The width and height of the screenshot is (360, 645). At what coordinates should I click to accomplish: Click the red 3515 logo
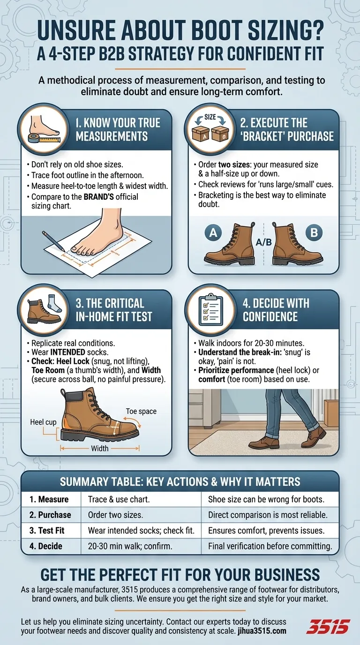pyautogui.click(x=328, y=626)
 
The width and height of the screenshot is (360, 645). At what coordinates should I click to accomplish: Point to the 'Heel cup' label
pyautogui.click(x=43, y=422)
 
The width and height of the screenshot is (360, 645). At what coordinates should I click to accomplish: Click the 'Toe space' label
pyautogui.click(x=141, y=411)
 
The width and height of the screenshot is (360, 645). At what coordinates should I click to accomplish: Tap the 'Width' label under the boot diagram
pyautogui.click(x=100, y=449)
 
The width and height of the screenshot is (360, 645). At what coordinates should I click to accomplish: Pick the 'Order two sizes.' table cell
pyautogui.click(x=115, y=515)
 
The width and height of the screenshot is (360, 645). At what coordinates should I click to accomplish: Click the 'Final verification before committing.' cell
pyautogui.click(x=270, y=546)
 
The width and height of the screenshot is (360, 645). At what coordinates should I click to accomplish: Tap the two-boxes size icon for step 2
pyautogui.click(x=210, y=129)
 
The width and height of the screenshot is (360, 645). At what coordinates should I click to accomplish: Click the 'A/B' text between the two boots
pyautogui.click(x=263, y=243)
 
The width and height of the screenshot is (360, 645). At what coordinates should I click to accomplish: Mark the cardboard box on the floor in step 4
pyautogui.click(x=331, y=412)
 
